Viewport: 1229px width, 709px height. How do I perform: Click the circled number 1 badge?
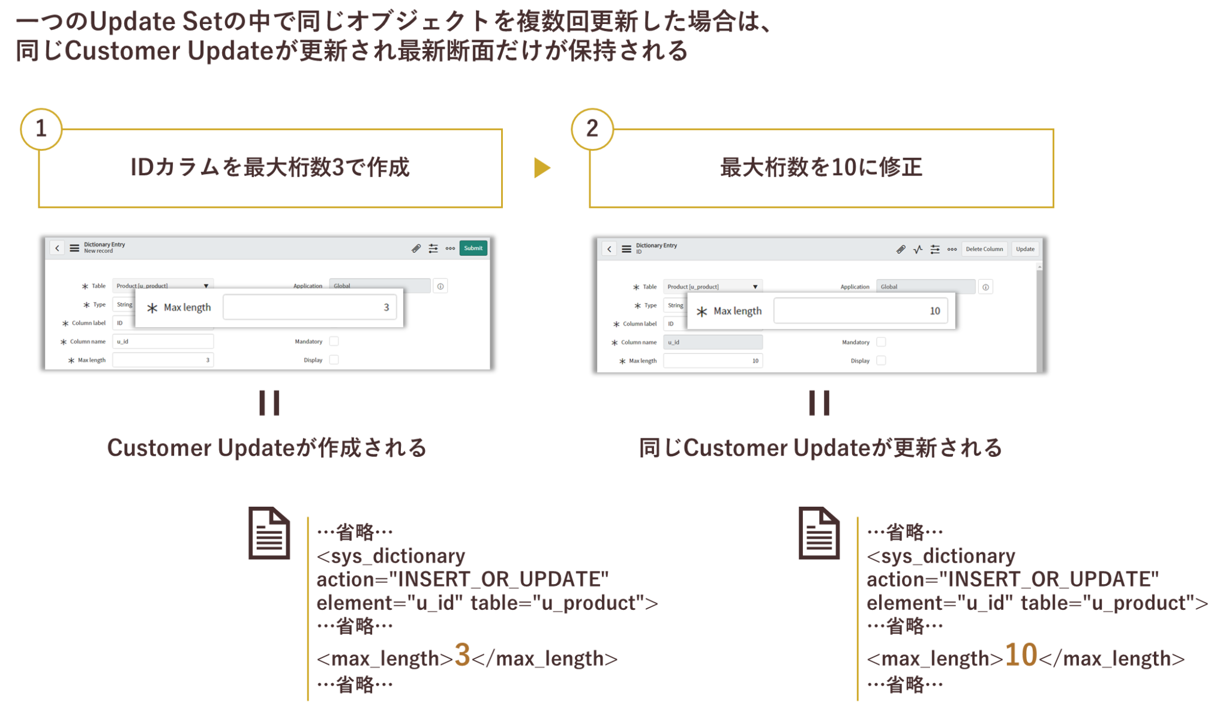click(41, 128)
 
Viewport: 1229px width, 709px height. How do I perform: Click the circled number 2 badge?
click(592, 128)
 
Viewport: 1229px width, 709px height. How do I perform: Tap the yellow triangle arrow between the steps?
click(542, 168)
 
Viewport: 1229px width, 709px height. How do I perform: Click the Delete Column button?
click(984, 249)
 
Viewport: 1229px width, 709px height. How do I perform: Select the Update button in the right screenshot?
click(1025, 249)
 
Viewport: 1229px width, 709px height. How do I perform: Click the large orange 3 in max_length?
click(462, 655)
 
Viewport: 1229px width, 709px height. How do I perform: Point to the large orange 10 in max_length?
click(1020, 655)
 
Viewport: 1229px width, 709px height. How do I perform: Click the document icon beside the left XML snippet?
click(269, 533)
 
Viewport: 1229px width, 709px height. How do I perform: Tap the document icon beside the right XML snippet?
click(819, 533)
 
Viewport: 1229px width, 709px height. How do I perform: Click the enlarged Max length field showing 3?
click(309, 307)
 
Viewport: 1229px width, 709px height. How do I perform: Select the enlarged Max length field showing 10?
click(860, 311)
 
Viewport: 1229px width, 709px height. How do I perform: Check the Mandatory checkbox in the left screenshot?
click(334, 342)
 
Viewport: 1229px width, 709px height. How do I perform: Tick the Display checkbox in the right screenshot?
click(881, 361)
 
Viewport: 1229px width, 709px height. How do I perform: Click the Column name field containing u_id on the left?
click(163, 342)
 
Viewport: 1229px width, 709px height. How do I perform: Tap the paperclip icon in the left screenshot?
click(416, 249)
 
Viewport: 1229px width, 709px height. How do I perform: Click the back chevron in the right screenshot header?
click(609, 249)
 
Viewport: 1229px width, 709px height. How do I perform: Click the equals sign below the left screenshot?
click(269, 403)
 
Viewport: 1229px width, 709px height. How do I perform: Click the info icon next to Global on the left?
click(440, 286)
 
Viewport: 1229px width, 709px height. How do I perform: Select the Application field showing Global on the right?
click(925, 287)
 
